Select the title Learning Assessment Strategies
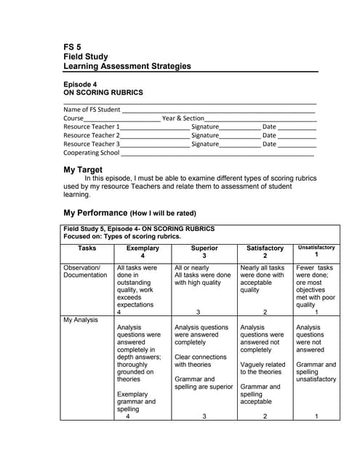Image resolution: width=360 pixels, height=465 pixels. pyautogui.click(x=127, y=66)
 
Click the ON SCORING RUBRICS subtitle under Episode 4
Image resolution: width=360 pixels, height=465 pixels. pyautogui.click(x=103, y=93)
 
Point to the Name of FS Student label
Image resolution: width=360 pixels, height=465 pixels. pyautogui.click(x=92, y=110)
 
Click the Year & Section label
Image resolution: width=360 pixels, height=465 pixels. pyautogui.click(x=183, y=118)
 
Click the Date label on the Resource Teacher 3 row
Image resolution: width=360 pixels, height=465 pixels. pyautogui.click(x=269, y=144)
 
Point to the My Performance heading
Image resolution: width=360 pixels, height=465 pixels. pyautogui.click(x=95, y=214)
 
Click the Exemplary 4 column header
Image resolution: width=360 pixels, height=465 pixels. pyautogui.click(x=142, y=252)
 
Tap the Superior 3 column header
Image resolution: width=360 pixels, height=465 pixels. pyautogui.click(x=204, y=252)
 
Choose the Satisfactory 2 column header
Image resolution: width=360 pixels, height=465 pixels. pyautogui.click(x=265, y=252)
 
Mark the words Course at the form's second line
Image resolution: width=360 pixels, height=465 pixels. pyautogui.click(x=73, y=118)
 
